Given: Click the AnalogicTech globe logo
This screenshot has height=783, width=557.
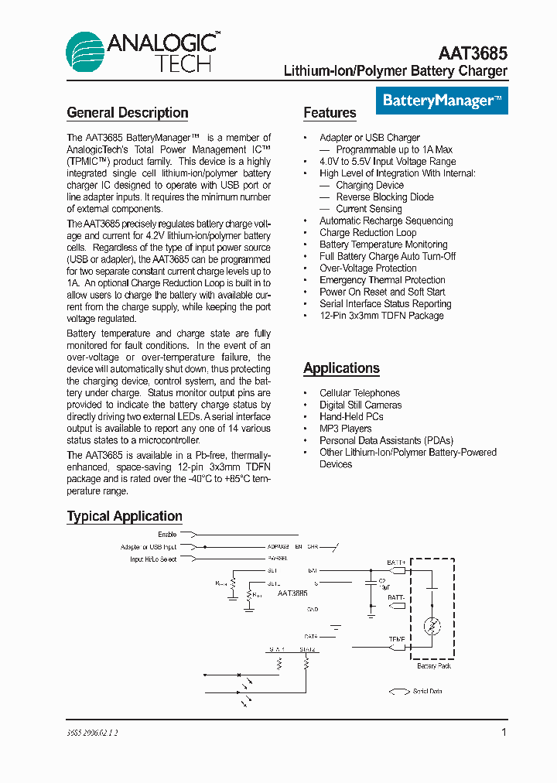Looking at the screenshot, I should (x=85, y=53).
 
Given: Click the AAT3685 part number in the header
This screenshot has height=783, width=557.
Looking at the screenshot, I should (x=473, y=53).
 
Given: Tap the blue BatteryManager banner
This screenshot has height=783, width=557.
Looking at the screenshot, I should (x=442, y=101).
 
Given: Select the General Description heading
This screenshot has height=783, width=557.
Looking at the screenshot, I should (x=128, y=113).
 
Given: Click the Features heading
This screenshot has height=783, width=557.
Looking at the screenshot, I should (x=330, y=113).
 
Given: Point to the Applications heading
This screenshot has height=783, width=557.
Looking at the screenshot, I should (x=341, y=368).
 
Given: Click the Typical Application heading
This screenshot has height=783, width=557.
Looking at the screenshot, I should (x=125, y=516).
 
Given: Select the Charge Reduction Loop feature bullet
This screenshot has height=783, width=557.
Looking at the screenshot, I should (x=367, y=232).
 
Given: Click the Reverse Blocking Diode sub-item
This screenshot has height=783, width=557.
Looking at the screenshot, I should (x=384, y=197).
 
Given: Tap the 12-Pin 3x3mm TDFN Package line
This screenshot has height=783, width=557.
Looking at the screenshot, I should (x=381, y=316).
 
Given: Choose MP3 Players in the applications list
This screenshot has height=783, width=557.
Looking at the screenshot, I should (x=345, y=429).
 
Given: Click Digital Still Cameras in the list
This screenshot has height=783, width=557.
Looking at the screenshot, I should (x=361, y=405).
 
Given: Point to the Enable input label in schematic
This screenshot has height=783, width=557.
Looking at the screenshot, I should (x=167, y=535).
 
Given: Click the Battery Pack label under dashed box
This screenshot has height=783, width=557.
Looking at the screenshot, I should (x=434, y=665).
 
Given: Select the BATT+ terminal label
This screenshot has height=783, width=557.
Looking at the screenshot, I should (x=396, y=562).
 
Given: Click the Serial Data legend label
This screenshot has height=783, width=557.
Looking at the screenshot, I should (x=427, y=691).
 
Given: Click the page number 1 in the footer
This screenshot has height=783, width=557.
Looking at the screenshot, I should (x=504, y=732).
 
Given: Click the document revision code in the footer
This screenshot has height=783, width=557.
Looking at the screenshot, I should (x=93, y=732).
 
